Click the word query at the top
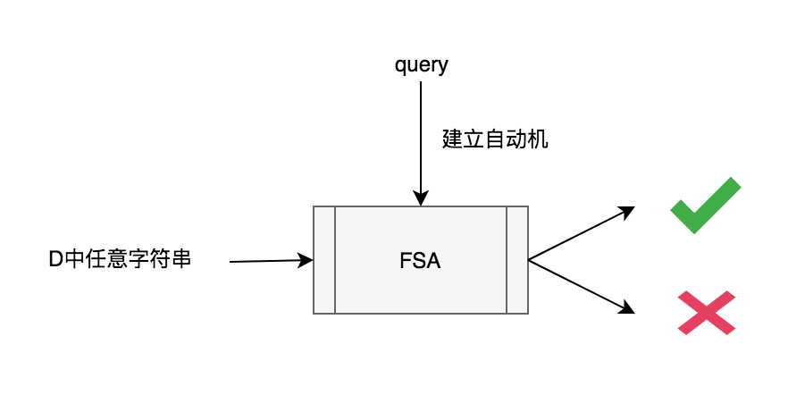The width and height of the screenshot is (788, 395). pyautogui.click(x=421, y=65)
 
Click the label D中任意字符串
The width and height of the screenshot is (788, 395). pyautogui.click(x=120, y=260)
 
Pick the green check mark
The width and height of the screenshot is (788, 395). pyautogui.click(x=706, y=206)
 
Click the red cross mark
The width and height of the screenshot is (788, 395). pyautogui.click(x=706, y=313)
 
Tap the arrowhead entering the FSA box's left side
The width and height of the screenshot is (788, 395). pyautogui.click(x=306, y=260)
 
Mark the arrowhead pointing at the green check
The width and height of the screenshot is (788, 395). pyautogui.click(x=627, y=212)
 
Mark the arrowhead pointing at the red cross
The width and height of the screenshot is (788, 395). pyautogui.click(x=627, y=309)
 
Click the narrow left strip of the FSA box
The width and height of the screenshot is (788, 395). pyautogui.click(x=324, y=260)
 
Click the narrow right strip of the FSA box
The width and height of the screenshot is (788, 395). pyautogui.click(x=517, y=260)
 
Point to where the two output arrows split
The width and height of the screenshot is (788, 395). pyautogui.click(x=530, y=260)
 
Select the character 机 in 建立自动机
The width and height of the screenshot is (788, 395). pyautogui.click(x=536, y=139)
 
